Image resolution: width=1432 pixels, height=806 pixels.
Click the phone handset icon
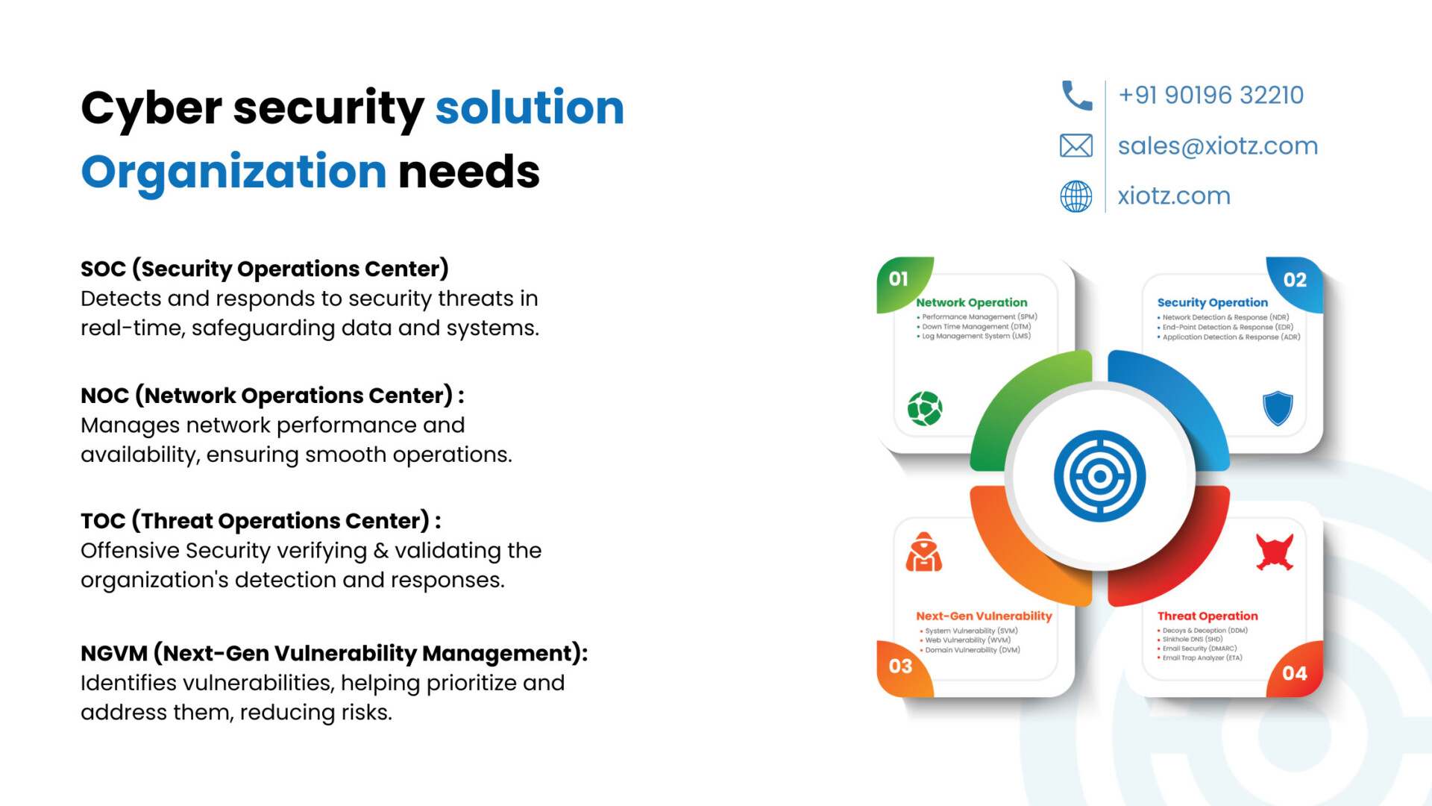(x=1076, y=96)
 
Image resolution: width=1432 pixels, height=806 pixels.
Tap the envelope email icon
(x=1076, y=146)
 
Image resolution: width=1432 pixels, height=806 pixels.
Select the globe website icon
(x=1076, y=196)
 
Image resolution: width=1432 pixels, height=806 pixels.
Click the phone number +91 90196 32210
(x=1211, y=95)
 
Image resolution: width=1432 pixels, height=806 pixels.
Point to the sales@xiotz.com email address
(x=1218, y=146)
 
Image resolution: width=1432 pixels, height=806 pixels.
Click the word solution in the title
(x=530, y=107)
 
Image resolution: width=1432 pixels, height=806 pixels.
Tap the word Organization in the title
(x=233, y=172)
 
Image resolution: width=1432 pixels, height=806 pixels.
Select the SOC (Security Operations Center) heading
(x=265, y=269)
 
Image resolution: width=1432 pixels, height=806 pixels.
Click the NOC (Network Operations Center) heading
(x=272, y=395)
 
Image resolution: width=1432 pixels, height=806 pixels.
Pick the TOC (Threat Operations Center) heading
(x=261, y=520)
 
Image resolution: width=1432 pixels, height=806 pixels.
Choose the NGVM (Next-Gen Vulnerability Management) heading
(x=334, y=653)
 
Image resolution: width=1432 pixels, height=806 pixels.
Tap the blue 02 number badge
(x=1296, y=282)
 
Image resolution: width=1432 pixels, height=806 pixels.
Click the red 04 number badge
(x=1296, y=670)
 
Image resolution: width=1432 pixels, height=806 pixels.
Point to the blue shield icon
(x=1278, y=408)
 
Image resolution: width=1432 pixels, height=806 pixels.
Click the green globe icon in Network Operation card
(x=925, y=408)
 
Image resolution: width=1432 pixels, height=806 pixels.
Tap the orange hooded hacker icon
(x=924, y=552)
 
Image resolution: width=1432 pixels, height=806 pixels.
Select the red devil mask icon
(x=1275, y=552)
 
